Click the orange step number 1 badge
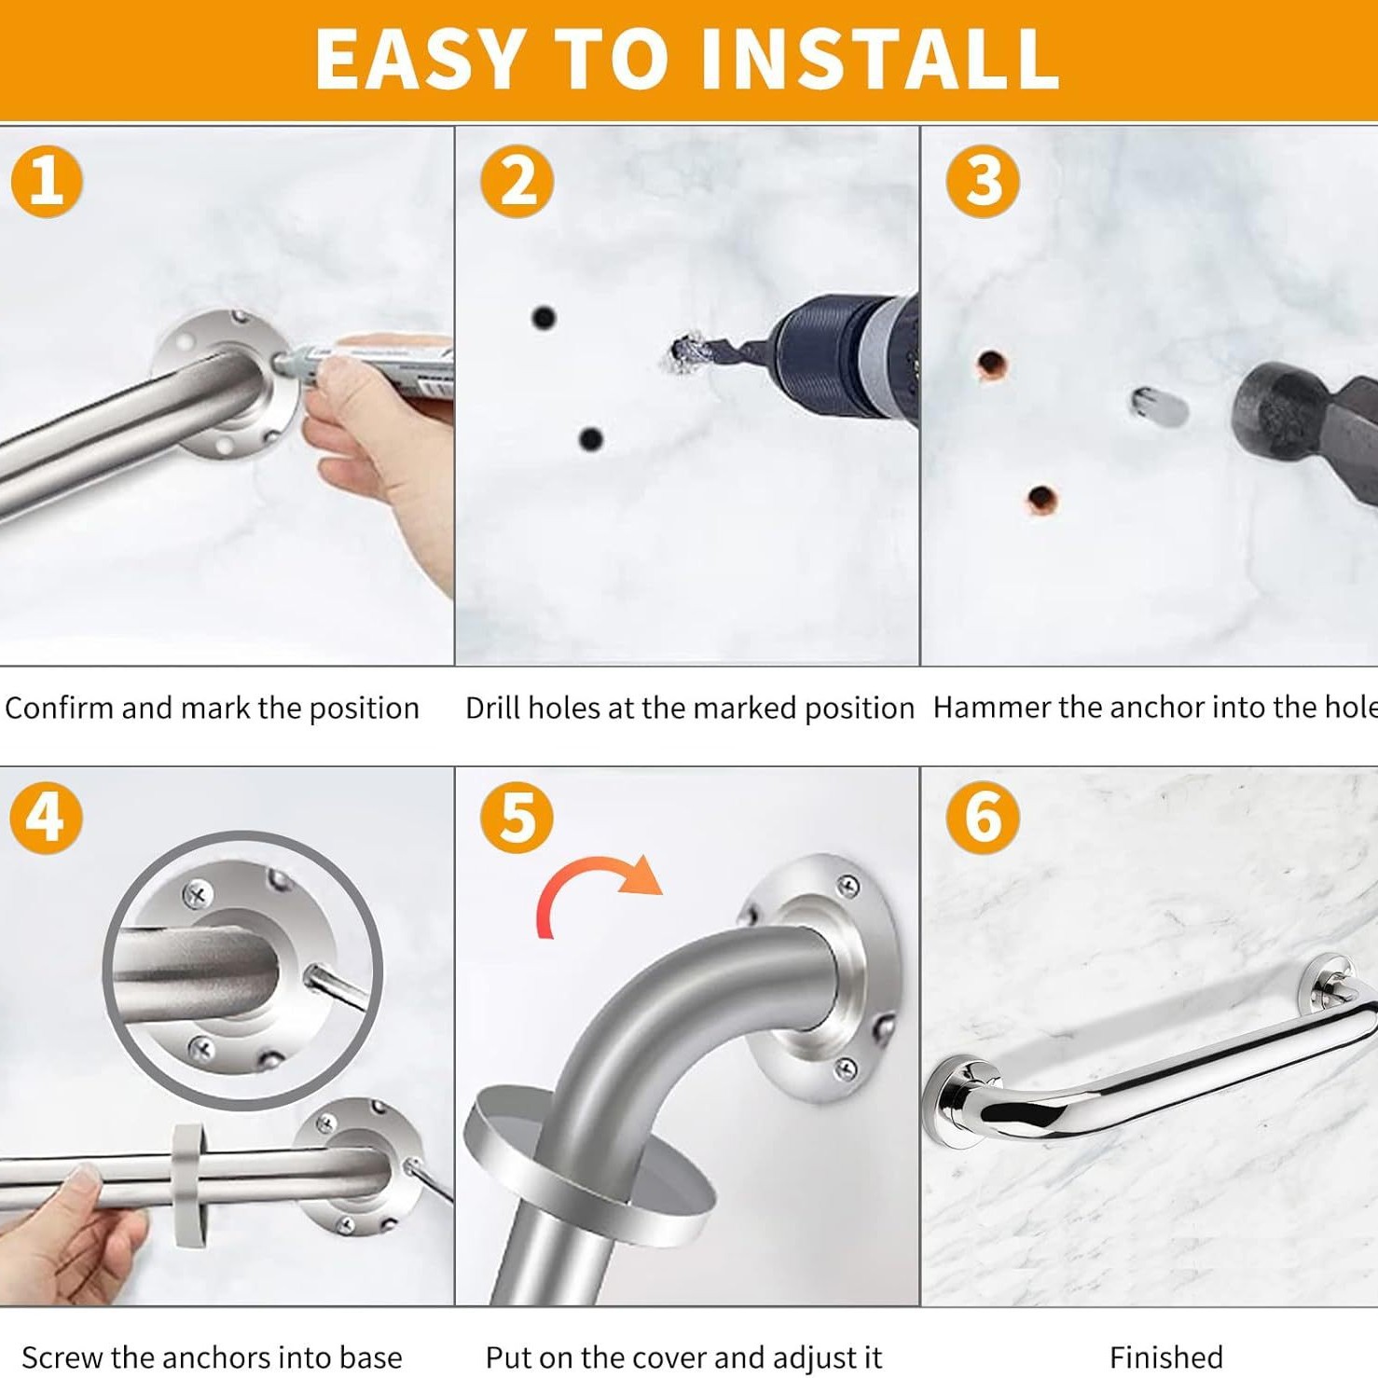coord(47,181)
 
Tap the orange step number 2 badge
coord(517,181)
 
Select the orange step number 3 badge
coord(983,181)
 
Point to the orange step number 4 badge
coord(46,818)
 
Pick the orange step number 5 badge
coord(517,818)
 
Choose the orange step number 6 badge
coord(983,818)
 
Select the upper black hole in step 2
coord(544,318)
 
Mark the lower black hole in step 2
coord(590,438)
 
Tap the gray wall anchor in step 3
coord(1158,407)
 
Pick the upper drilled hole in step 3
coord(992,364)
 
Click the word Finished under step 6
coord(1165,1357)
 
